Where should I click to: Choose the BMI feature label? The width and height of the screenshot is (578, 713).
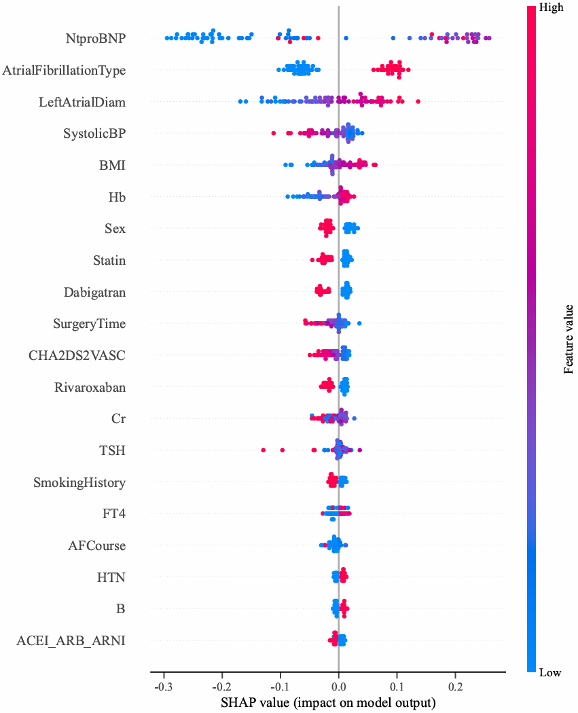[x=112, y=165]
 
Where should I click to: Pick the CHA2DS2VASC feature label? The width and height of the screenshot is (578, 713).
[x=77, y=355]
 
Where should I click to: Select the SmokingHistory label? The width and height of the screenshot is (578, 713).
[x=79, y=482]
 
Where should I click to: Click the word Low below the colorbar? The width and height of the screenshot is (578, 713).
[x=549, y=673]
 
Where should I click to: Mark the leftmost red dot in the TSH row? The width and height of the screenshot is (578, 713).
[x=264, y=450]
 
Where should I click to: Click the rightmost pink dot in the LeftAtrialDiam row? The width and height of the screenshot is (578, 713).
[x=418, y=101]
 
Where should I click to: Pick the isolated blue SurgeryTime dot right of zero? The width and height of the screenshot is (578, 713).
[x=359, y=323]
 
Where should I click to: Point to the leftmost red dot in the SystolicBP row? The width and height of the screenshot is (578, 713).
[x=273, y=133]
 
